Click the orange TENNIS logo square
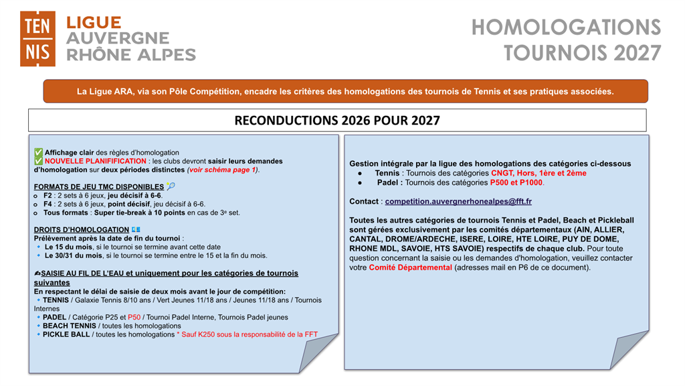click(37, 39)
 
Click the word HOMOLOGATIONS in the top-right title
click(566, 27)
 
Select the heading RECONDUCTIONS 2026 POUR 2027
click(337, 121)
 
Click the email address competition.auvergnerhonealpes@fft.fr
click(458, 201)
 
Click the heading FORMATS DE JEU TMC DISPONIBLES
click(98, 186)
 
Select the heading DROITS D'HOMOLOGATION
click(81, 230)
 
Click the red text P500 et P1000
click(518, 182)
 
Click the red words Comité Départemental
click(410, 267)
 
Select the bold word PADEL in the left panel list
click(54, 317)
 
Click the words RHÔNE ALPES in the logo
click(131, 55)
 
